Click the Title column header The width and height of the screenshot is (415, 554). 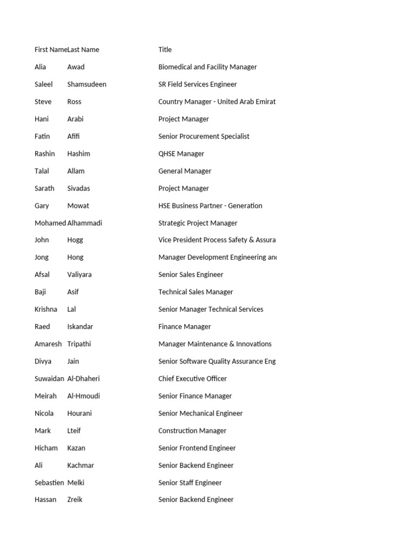point(165,50)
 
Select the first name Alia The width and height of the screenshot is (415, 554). point(41,67)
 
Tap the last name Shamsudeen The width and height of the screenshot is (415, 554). point(86,84)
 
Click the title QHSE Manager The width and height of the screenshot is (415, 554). point(181,154)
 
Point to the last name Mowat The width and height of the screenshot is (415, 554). point(78,206)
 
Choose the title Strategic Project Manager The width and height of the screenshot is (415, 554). point(198,223)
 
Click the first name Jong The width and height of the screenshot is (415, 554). point(42,258)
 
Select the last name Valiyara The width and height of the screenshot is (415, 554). point(79,275)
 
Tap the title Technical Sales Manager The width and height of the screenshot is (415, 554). point(196,292)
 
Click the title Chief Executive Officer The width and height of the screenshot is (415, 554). point(192,379)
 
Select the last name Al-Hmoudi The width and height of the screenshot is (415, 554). point(84,396)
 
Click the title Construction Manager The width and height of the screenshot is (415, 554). point(192,431)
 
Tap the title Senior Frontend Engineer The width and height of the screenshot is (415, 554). point(197,448)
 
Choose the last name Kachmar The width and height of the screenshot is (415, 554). point(81,465)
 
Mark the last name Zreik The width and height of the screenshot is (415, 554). point(75,500)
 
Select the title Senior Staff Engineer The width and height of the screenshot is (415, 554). point(190,483)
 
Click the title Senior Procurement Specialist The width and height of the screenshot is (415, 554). point(204,136)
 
